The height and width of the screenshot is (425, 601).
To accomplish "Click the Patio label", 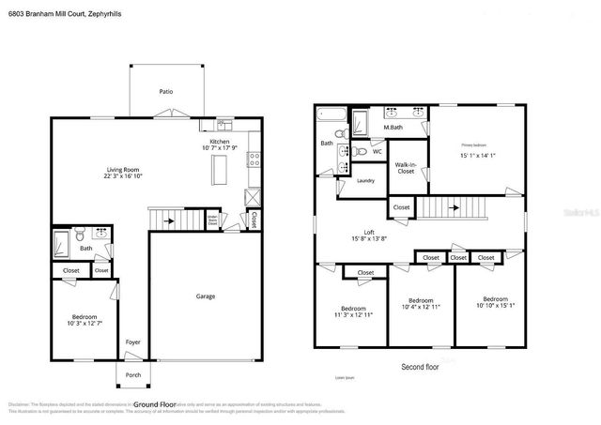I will [165, 92].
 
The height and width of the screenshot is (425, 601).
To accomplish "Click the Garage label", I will [205, 296].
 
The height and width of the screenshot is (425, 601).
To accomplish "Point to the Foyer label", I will [133, 342].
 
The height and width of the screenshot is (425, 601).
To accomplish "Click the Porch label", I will [133, 375].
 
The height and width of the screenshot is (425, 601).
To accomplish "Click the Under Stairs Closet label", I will [213, 221].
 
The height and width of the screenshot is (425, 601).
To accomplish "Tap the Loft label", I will [370, 233].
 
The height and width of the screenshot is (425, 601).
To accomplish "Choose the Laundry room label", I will [366, 181].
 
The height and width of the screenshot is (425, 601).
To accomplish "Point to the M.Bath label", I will [393, 127].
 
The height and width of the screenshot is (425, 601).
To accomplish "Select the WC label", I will [377, 151].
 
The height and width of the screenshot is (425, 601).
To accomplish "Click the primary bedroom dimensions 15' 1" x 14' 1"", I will [477, 157].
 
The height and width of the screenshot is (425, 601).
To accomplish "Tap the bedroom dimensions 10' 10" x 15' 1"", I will [495, 305].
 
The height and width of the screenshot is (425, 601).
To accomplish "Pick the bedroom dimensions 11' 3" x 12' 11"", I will [353, 316].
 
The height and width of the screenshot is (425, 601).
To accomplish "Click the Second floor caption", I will [419, 367].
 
